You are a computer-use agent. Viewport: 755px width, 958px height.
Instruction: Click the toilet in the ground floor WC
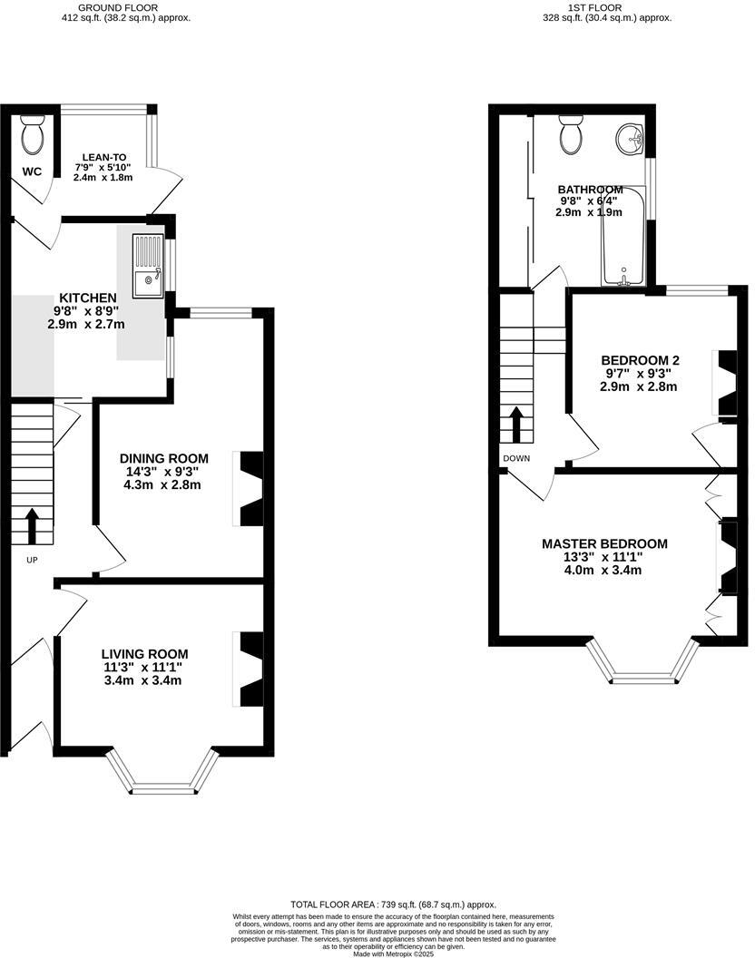click(x=33, y=136)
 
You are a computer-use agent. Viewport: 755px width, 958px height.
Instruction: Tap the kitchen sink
click(x=146, y=266)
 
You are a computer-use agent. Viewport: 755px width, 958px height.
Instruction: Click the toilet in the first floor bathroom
click(x=572, y=135)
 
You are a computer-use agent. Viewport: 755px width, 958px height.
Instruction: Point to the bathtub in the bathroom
click(x=623, y=236)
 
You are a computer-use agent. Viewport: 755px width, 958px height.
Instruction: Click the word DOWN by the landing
click(x=516, y=458)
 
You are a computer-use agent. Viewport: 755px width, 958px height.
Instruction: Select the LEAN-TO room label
click(x=103, y=156)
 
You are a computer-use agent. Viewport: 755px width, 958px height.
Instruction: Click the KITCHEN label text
click(x=87, y=298)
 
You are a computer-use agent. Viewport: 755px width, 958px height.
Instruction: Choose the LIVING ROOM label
click(x=144, y=654)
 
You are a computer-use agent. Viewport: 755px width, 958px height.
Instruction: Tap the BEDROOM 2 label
click(x=642, y=360)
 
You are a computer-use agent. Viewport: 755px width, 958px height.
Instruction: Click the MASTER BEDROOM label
click(x=604, y=544)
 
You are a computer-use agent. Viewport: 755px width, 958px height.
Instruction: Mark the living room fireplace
click(x=248, y=669)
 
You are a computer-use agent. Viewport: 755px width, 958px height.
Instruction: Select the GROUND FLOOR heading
click(x=125, y=7)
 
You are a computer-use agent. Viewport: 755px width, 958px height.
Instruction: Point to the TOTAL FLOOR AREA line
click(x=393, y=904)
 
